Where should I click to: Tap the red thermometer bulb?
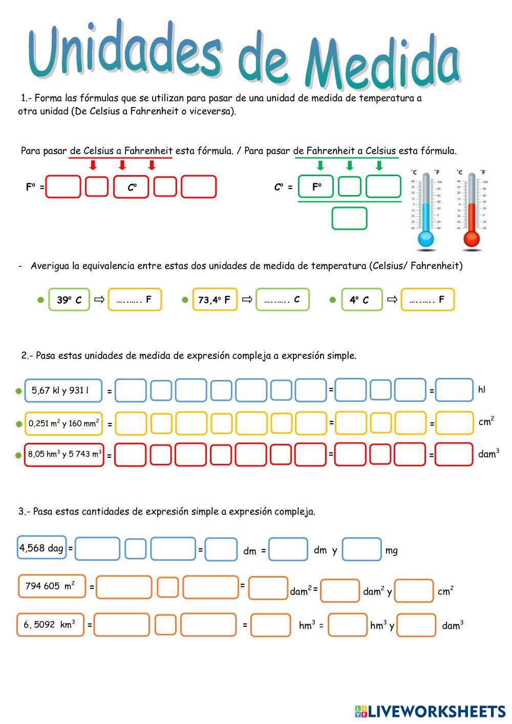(472, 239)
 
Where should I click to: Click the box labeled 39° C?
(69, 300)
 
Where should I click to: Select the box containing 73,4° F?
(215, 300)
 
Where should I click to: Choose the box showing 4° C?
(361, 300)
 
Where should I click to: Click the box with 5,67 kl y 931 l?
(62, 391)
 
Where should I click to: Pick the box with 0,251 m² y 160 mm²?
(63, 423)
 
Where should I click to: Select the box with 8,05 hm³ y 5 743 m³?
(64, 454)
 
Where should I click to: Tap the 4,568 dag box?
(42, 548)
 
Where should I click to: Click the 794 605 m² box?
(52, 586)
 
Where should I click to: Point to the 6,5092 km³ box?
(50, 625)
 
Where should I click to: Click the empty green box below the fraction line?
(349, 219)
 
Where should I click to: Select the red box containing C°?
(132, 187)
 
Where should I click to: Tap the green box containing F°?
(316, 187)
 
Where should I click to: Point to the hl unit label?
(482, 390)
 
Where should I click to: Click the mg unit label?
(392, 551)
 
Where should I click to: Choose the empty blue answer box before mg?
(361, 549)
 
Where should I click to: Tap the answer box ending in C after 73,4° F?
(283, 300)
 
